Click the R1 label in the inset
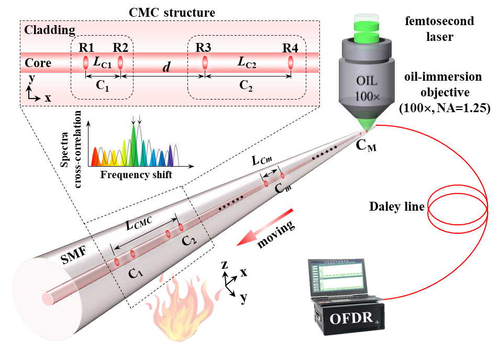86,47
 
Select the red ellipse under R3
205,63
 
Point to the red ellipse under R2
120,63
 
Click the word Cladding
50,30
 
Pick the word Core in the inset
38,63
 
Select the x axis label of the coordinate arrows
48,98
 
